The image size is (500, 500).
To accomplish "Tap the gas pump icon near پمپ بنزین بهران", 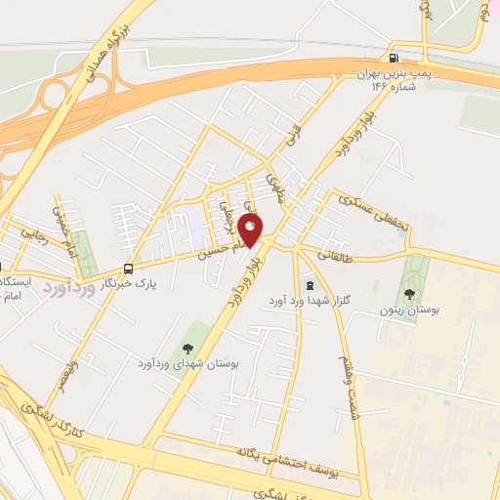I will point(394,57).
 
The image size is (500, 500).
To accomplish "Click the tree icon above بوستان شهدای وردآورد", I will point(187,348).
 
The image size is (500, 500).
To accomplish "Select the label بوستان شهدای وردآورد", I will point(187,363).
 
